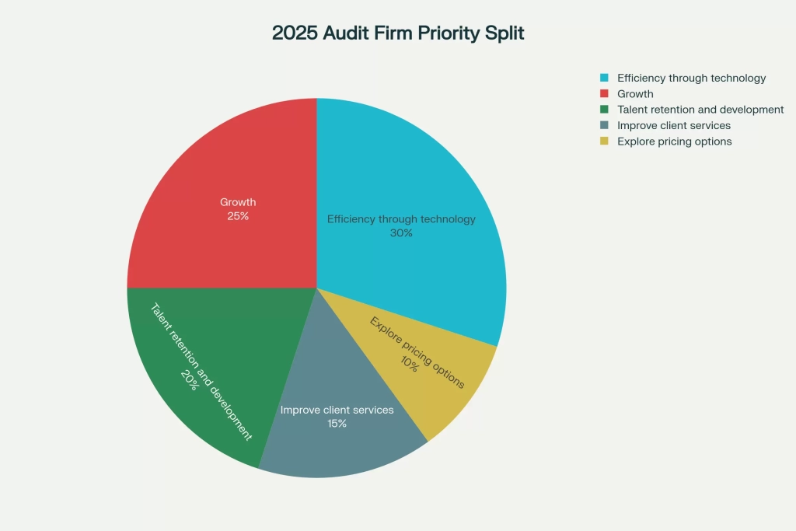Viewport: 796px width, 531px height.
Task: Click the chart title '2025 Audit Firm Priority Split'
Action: click(x=397, y=33)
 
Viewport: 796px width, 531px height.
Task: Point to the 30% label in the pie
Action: click(x=401, y=233)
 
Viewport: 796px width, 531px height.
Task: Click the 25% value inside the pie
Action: click(x=238, y=216)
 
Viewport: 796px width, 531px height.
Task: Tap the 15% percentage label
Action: click(x=337, y=424)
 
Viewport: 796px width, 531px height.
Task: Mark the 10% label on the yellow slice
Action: click(x=409, y=363)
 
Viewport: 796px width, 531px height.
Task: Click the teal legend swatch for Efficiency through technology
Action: click(x=604, y=78)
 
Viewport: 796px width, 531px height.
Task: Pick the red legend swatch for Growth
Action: click(x=604, y=94)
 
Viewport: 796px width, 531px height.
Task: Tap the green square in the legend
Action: click(x=604, y=110)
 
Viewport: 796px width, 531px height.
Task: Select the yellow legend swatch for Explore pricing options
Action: click(x=604, y=141)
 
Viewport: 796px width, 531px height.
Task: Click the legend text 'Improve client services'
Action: click(x=674, y=125)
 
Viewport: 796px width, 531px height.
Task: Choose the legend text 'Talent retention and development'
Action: click(x=700, y=110)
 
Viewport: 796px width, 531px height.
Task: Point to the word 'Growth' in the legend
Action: click(x=635, y=94)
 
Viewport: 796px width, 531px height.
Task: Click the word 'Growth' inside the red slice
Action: click(x=238, y=202)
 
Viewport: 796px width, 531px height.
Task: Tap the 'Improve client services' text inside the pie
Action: click(x=337, y=410)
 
